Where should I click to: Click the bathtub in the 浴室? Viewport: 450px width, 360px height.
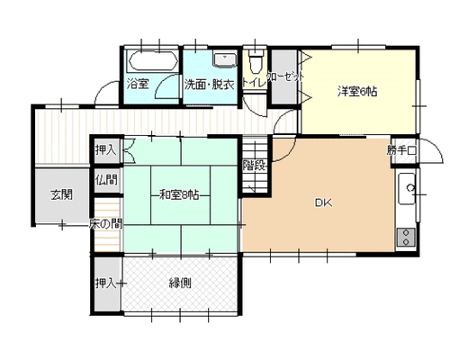pyautogui.click(x=153, y=61)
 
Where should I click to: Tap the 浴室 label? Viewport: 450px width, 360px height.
pyautogui.click(x=138, y=84)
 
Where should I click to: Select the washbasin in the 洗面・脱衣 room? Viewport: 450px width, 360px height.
pyautogui.click(x=224, y=59)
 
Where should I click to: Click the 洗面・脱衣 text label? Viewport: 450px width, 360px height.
pyautogui.click(x=209, y=85)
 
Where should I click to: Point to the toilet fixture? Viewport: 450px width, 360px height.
pyautogui.click(x=256, y=61)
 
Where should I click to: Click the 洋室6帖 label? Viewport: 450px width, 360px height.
pyautogui.click(x=357, y=92)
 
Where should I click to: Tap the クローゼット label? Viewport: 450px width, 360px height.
pyautogui.click(x=285, y=77)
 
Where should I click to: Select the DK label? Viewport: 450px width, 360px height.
pyautogui.click(x=323, y=203)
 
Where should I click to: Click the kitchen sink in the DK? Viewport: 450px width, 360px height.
pyautogui.click(x=407, y=189)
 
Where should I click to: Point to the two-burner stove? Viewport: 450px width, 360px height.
pyautogui.click(x=406, y=238)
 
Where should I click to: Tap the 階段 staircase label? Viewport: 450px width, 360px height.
pyautogui.click(x=255, y=166)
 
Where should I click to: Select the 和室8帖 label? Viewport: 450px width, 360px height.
pyautogui.click(x=179, y=195)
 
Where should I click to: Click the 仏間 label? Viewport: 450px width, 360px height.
pyautogui.click(x=107, y=180)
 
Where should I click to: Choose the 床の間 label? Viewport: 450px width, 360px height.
pyautogui.click(x=105, y=223)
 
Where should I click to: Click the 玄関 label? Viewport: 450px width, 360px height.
pyautogui.click(x=61, y=195)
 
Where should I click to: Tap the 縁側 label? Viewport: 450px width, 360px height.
pyautogui.click(x=180, y=283)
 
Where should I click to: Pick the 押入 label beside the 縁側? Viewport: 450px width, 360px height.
pyautogui.click(x=106, y=283)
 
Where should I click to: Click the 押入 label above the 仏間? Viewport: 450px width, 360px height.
pyautogui.click(x=106, y=149)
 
